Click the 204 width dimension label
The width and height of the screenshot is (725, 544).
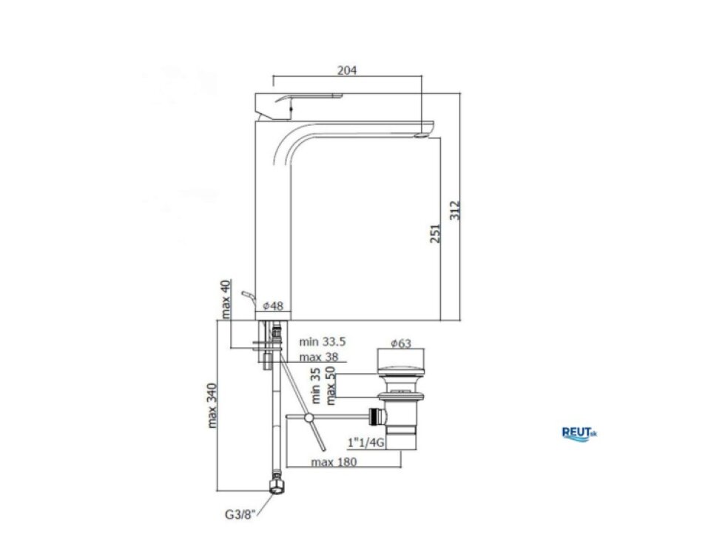point(347,70)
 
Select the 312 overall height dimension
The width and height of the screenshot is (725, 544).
point(455,210)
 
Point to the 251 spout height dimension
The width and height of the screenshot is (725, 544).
point(435,233)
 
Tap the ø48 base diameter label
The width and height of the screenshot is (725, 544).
point(273,306)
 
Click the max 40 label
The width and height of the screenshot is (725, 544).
point(225,299)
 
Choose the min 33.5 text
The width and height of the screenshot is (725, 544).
point(323,342)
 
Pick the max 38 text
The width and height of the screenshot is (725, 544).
point(319,357)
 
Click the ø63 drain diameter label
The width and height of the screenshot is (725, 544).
point(401,343)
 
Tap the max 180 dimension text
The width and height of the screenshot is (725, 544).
point(334,462)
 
